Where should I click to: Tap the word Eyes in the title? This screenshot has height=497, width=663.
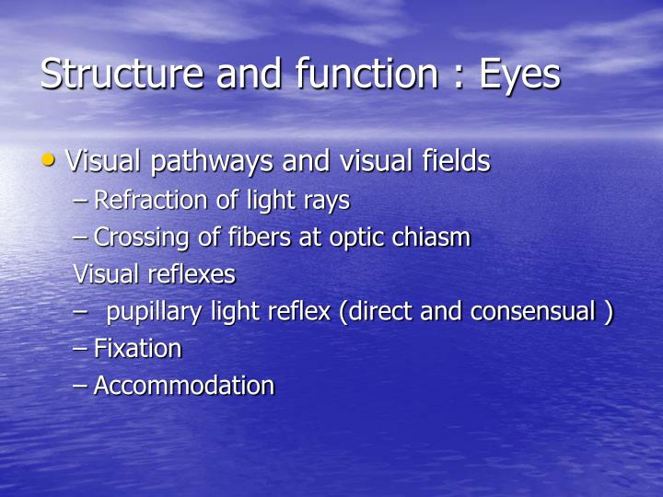point(519,74)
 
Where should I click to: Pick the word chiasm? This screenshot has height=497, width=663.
point(437,237)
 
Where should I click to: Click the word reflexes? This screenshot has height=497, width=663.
point(192,274)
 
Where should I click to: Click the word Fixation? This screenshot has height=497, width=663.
point(137,349)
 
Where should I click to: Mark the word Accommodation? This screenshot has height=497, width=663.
point(183,386)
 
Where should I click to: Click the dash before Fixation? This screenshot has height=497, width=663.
point(80,350)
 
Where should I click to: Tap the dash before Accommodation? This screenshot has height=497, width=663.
point(80,387)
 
